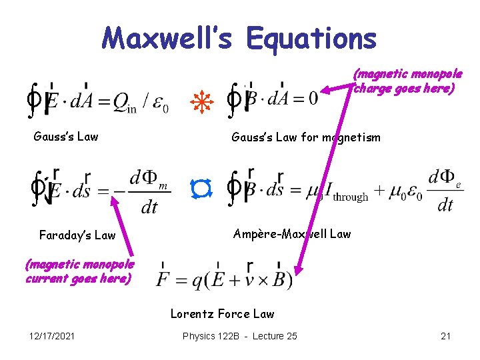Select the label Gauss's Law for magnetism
click(306, 137)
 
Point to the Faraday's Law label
click(77, 235)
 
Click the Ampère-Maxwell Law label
click(292, 233)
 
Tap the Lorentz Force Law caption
click(222, 313)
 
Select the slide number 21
click(446, 336)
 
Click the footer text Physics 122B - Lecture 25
click(239, 336)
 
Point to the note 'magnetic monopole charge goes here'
click(407, 81)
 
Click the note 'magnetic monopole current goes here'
click(79, 272)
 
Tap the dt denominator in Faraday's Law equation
click(149, 207)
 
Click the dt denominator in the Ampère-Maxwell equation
click(445, 205)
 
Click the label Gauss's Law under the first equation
click(66, 137)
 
